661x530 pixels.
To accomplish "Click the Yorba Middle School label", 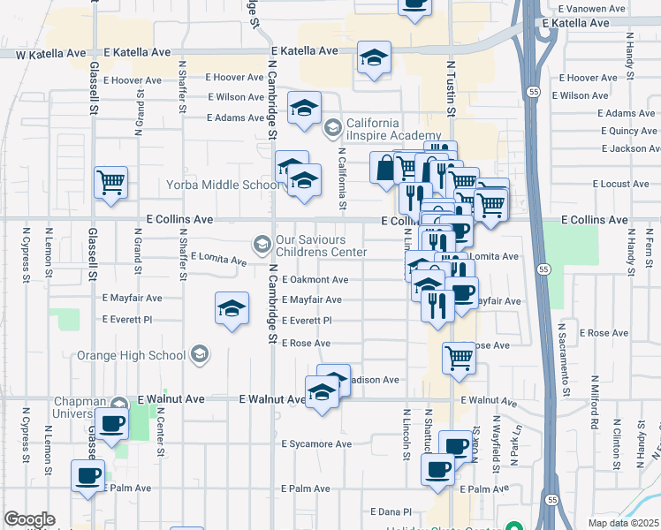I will tap(223, 185).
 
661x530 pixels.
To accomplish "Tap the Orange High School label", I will tap(132, 355).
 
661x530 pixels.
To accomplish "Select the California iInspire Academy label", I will tap(380, 129).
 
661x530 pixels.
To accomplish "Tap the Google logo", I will tap(29, 519).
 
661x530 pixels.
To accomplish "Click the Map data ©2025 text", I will tap(624, 523).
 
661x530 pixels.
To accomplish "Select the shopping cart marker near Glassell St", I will tap(111, 183).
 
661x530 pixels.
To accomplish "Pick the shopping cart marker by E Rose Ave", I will tap(460, 358).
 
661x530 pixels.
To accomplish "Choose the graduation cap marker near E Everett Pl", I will tap(232, 308).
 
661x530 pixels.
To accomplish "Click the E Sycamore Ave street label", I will tap(316, 444).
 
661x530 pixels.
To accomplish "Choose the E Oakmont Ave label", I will tap(315, 280).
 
